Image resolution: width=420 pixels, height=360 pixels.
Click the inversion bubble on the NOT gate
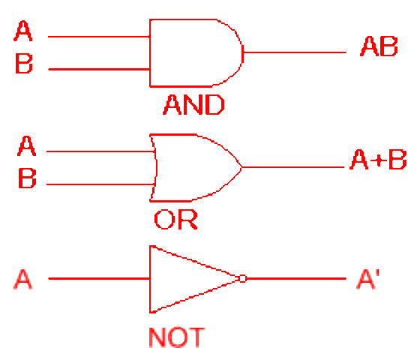(x=241, y=279)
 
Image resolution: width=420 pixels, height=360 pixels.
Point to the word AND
(x=193, y=105)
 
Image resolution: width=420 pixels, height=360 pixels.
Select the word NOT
(x=176, y=337)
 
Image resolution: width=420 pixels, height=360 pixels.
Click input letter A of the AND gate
(x=24, y=32)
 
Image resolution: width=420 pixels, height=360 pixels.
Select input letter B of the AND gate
(x=24, y=64)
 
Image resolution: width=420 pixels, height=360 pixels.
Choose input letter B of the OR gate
(x=26, y=178)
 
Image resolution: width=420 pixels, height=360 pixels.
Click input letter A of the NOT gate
(x=23, y=280)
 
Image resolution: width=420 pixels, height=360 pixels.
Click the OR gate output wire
(x=292, y=166)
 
